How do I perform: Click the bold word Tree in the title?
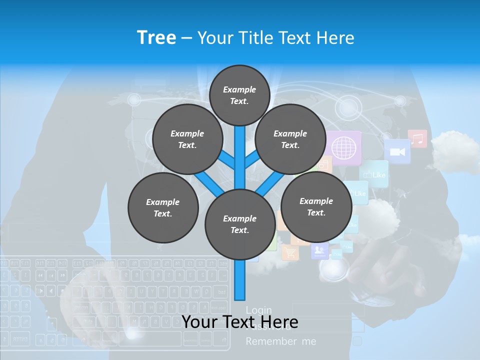tap(156, 38)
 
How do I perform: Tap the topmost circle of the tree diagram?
tap(239, 95)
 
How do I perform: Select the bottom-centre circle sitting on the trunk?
tap(239, 224)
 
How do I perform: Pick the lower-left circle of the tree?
tap(163, 207)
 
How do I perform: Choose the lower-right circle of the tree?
tap(316, 206)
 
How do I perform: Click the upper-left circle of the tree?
tap(187, 139)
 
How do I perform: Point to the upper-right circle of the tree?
tap(290, 139)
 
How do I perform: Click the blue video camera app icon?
tap(397, 151)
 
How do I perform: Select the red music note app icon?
tap(417, 138)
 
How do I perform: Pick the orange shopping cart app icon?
tap(289, 252)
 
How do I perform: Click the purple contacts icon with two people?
tap(319, 250)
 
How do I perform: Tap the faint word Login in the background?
tap(258, 310)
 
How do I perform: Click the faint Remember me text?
tap(281, 341)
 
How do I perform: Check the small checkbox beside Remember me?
tap(357, 341)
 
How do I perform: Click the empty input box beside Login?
tap(328, 310)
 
